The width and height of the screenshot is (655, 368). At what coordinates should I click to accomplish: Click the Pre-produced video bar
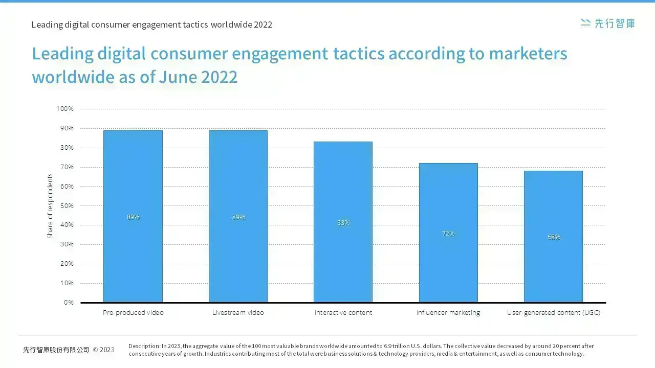point(133,216)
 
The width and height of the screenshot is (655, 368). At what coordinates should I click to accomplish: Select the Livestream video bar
point(238,216)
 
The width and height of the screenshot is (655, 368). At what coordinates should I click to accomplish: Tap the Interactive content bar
point(343,222)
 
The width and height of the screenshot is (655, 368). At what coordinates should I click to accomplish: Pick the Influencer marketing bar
point(448,233)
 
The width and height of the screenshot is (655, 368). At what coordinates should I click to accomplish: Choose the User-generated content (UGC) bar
point(553,237)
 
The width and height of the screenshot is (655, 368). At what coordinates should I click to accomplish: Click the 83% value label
point(343,223)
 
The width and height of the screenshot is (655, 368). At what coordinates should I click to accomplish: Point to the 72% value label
point(448,234)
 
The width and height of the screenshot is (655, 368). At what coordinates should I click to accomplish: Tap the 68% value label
point(554,237)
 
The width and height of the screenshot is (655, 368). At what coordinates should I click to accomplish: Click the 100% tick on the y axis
point(65,109)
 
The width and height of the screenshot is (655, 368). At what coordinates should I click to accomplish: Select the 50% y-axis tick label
point(67,206)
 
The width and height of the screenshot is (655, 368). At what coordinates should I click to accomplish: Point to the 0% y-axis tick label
point(69,303)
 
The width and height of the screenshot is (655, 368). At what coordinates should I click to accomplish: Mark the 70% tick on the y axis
point(67,167)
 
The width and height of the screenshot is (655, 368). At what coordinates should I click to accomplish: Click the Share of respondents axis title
point(50,206)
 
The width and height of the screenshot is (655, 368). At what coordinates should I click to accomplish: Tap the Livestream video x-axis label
point(238,312)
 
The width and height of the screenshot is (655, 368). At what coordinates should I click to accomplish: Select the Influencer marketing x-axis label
point(448,313)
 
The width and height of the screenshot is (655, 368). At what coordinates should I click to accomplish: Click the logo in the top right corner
point(607,24)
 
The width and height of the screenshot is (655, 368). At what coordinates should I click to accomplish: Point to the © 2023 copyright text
point(103,350)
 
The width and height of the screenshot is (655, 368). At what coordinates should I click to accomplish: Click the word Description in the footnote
point(144,346)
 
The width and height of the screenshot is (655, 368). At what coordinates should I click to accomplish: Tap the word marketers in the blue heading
point(528,54)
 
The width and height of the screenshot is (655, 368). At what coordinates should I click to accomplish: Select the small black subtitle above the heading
point(152,25)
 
